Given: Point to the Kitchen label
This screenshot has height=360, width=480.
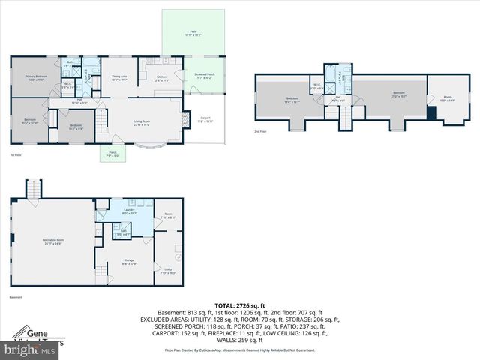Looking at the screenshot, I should coord(161,77).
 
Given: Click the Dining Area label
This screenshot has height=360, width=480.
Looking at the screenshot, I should coord(119,77).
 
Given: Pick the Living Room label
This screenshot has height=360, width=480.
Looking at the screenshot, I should coord(142,123).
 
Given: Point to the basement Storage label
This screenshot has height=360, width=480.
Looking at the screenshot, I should coord(128,262).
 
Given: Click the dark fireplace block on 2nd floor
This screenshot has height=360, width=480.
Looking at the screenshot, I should coord(431,112).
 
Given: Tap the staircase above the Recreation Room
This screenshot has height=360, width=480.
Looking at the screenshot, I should coord(32,190).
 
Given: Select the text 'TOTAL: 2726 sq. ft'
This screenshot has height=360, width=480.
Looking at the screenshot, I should coord(239,306).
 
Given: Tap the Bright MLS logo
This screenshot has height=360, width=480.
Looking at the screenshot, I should coord(30,349).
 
